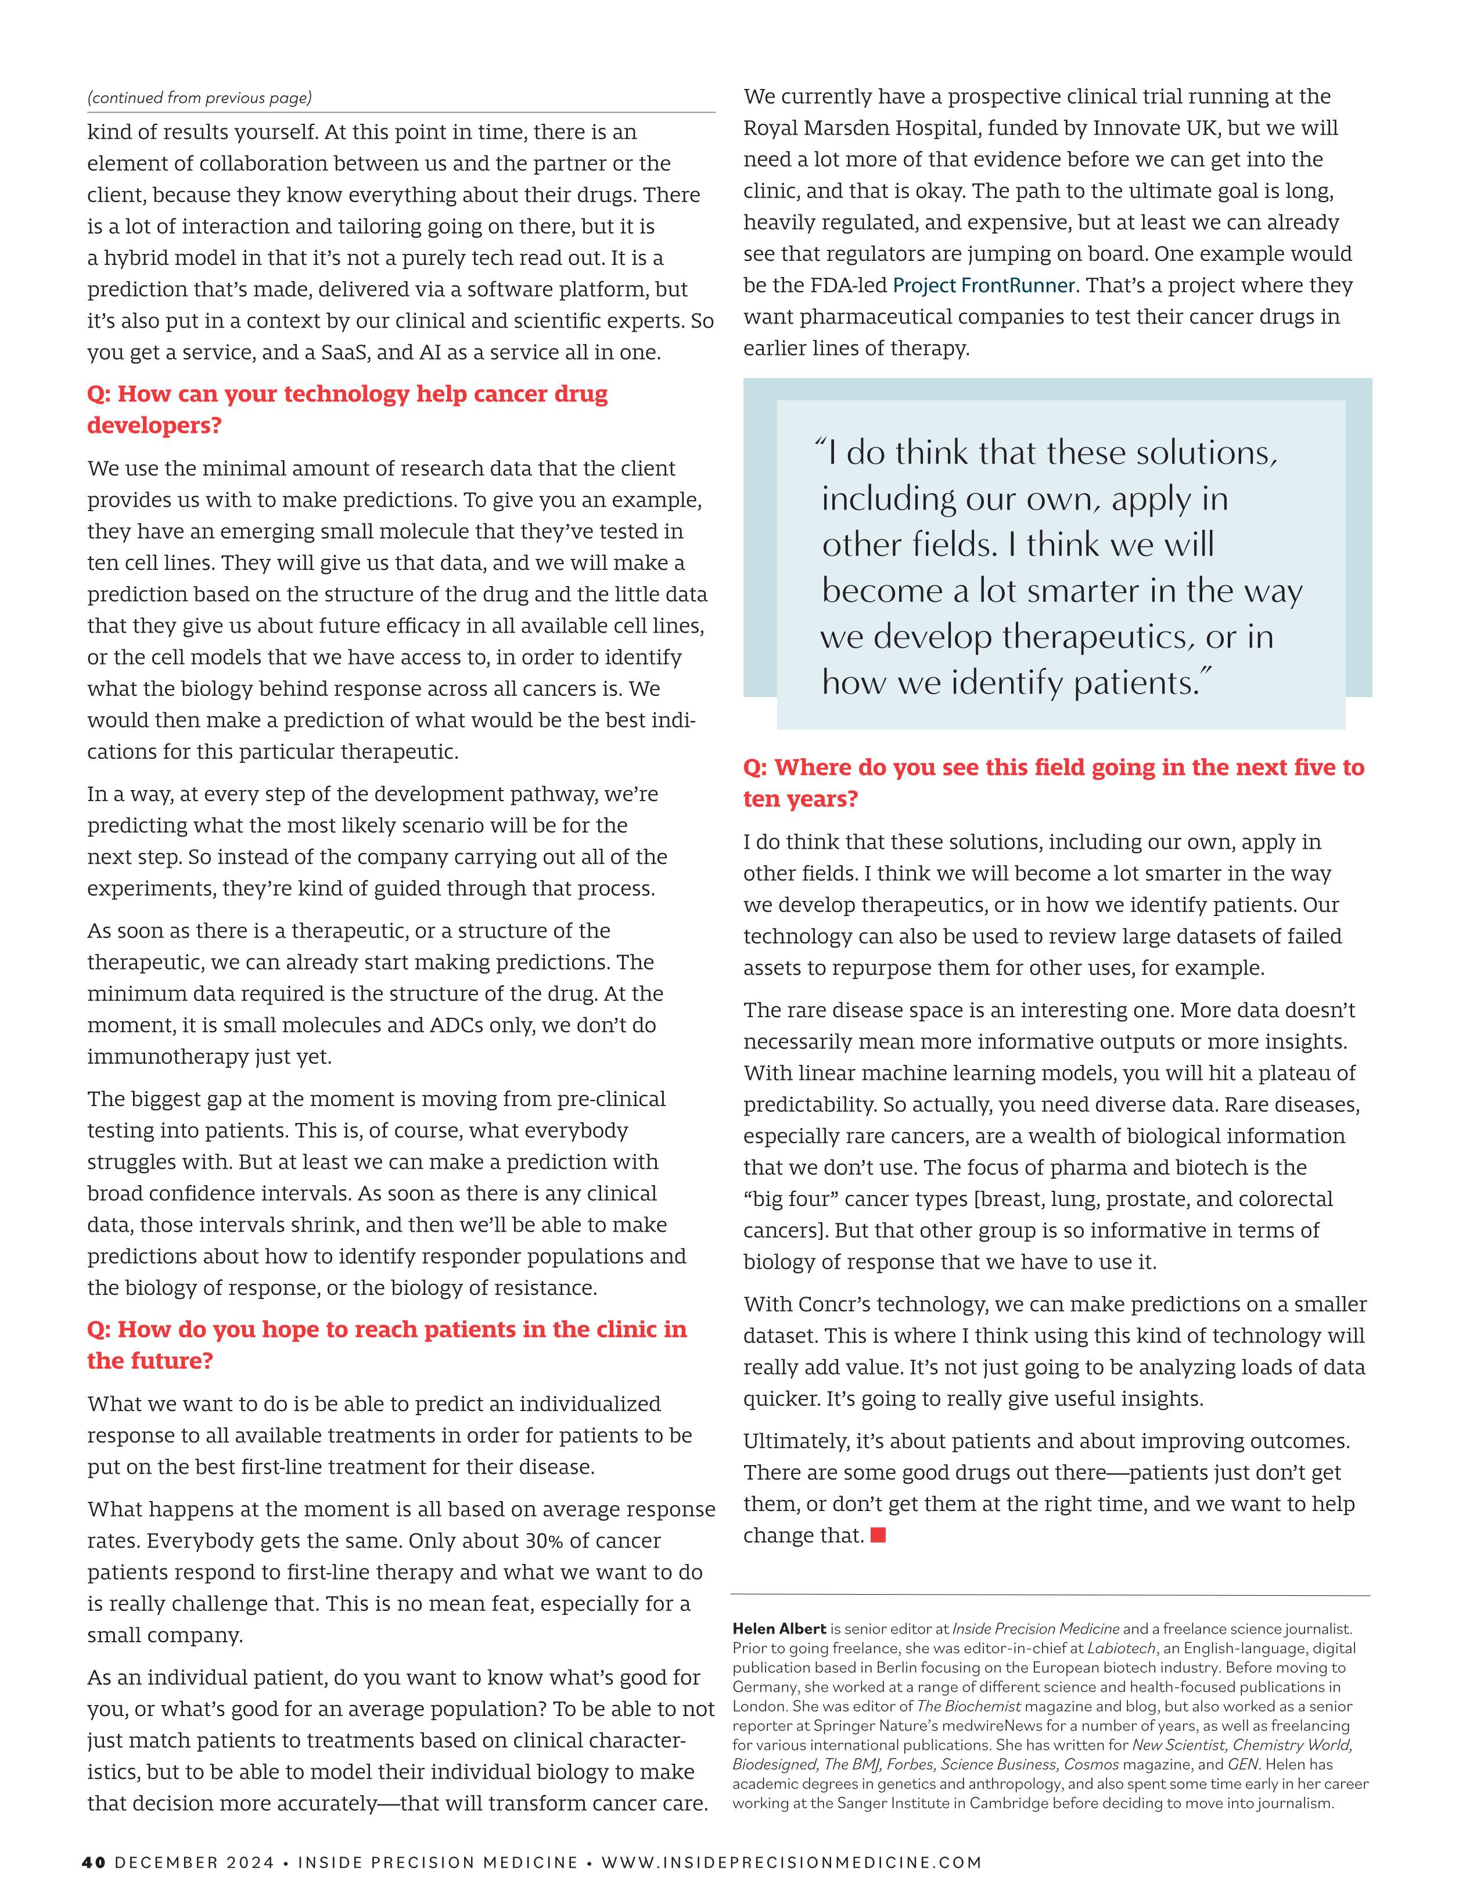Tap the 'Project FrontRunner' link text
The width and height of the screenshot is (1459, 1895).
pos(984,285)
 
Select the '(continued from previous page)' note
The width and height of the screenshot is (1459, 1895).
pos(199,98)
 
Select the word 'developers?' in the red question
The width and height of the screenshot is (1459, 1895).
pos(154,425)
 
